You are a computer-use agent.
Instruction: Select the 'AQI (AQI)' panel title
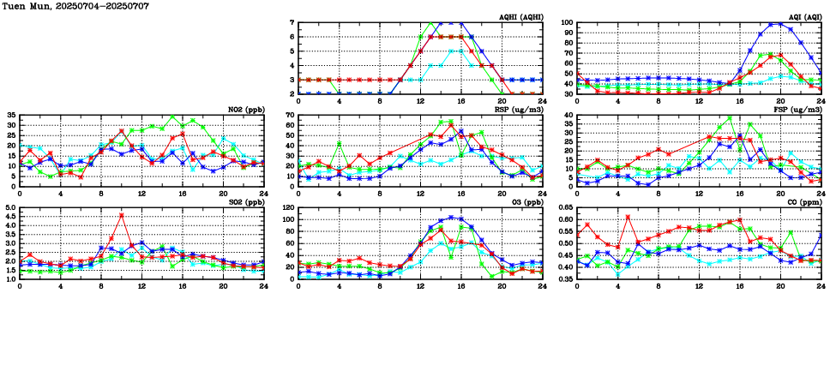coord(802,17)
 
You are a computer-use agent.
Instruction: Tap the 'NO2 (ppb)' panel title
coord(246,110)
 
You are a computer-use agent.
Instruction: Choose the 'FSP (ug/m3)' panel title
coord(800,110)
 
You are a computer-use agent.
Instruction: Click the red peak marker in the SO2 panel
coord(122,215)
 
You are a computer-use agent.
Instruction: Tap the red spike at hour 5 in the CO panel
coord(629,217)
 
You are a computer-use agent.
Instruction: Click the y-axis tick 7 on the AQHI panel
coord(292,23)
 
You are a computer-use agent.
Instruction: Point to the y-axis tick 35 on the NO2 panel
coord(11,115)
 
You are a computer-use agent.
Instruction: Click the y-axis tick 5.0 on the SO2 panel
coord(9,208)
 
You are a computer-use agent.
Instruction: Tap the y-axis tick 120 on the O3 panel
coord(288,208)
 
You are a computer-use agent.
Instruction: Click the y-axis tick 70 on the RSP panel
coord(290,115)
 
